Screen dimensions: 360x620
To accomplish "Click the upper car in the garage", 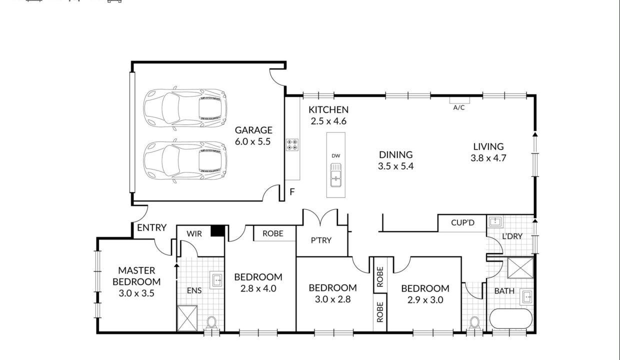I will pos(185,108).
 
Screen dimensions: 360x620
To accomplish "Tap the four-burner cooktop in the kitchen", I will pos(292,144).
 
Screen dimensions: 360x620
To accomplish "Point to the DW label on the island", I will pos(335,155).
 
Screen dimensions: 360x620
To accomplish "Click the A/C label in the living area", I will pos(458,107).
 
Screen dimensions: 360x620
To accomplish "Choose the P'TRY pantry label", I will pos(321,240).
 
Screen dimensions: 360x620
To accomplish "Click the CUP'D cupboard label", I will pos(462,223).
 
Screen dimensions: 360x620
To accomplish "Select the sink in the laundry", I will pos(495,221).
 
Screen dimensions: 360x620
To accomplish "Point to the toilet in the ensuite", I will pos(211,323).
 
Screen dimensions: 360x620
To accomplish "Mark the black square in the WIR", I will pos(217,230).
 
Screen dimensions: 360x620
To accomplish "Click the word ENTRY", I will pos(151,227).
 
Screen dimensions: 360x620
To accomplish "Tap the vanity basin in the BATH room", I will pos(526,297).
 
